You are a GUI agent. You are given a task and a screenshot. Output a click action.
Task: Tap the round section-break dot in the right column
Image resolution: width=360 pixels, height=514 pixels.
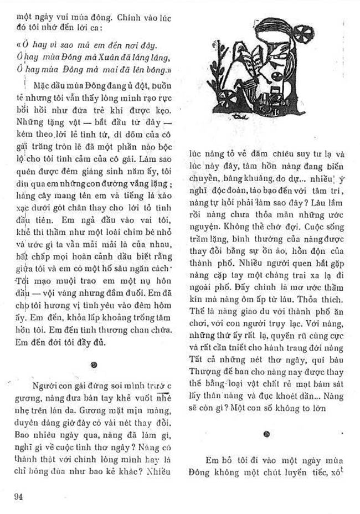point(266,434)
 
